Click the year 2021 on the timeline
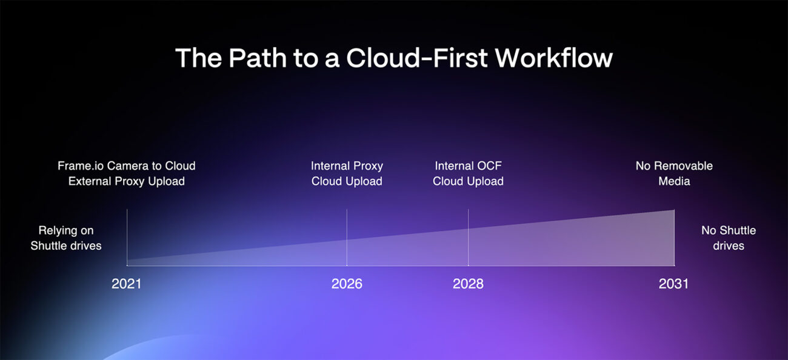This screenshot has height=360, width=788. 126,284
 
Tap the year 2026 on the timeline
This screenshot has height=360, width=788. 347,284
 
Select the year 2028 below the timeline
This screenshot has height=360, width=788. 468,284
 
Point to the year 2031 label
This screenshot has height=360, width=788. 673,284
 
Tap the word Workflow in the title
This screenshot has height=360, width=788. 553,58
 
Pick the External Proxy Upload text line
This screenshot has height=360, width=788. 126,181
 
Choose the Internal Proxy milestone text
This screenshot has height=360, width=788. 347,165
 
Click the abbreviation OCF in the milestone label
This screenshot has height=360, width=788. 491,165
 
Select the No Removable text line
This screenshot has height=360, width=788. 674,165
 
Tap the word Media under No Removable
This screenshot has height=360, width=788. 674,181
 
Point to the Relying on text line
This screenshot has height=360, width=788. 66,230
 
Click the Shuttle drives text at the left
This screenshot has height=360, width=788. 66,246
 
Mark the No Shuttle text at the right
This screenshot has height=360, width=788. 728,230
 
